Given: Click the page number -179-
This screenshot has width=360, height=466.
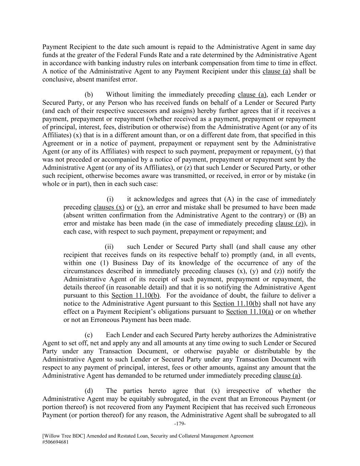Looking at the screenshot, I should pos(180,424).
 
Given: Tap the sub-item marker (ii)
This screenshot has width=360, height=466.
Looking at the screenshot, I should pos(109,246).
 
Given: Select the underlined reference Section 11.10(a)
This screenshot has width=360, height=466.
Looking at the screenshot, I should pos(249,312).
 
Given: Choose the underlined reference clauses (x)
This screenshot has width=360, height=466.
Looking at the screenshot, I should pos(109,207).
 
